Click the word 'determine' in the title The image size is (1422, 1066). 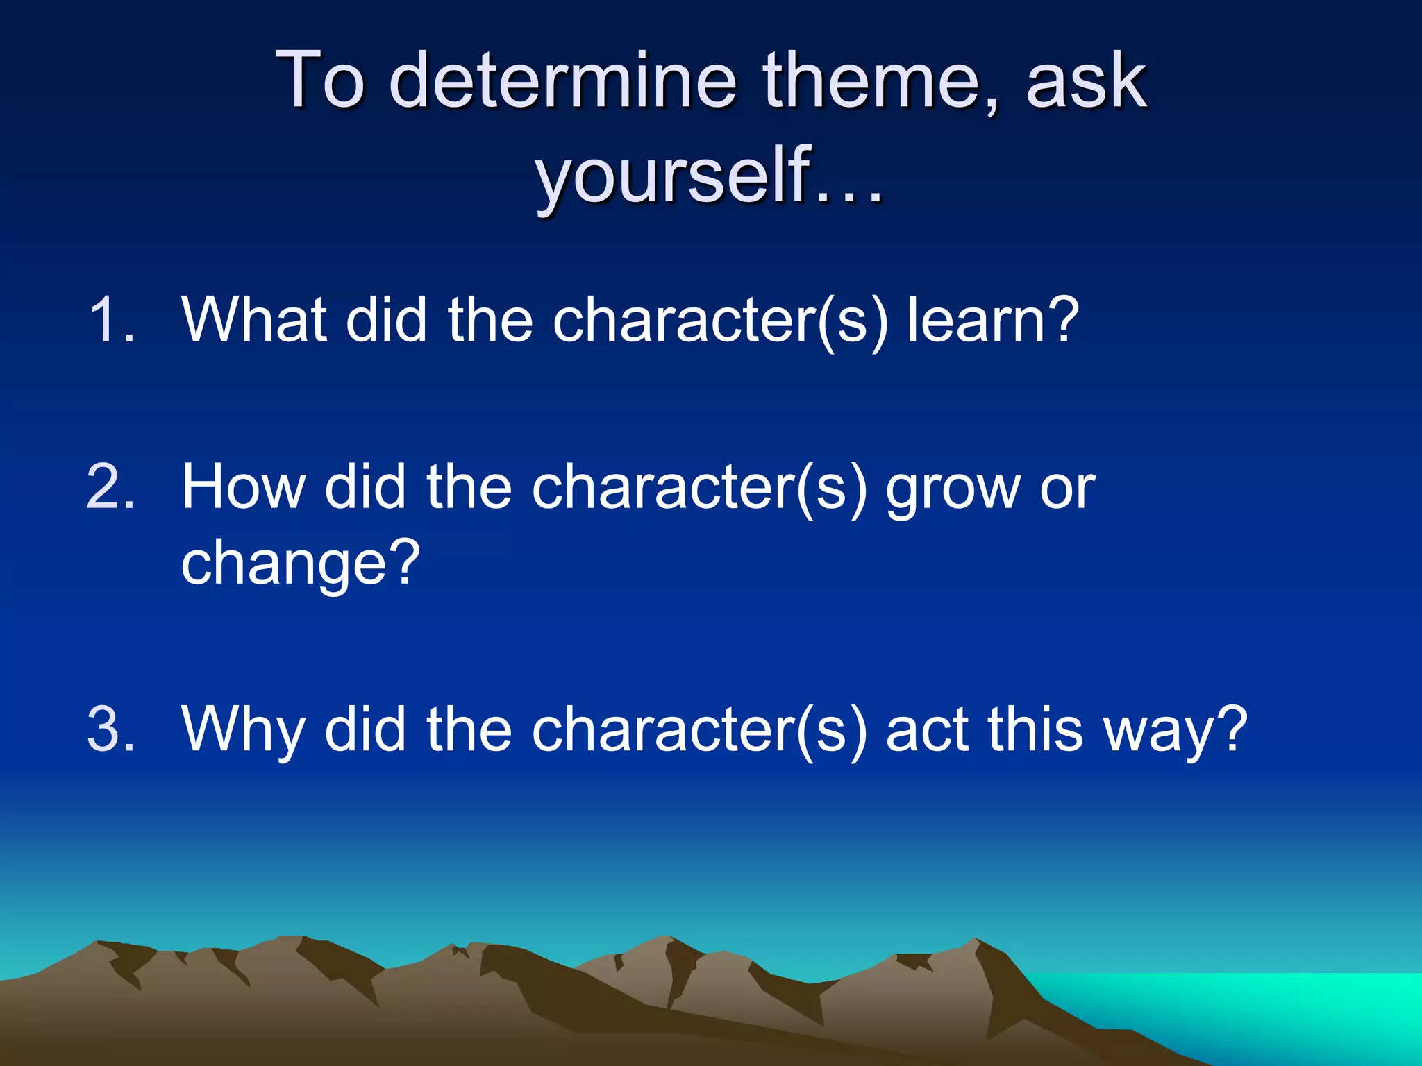562,82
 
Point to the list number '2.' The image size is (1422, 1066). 111,487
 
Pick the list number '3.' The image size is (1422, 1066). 111,729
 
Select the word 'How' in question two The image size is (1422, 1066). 243,487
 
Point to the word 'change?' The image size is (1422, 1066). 301,564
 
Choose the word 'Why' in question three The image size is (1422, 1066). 243,729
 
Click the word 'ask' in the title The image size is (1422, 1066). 1086,82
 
